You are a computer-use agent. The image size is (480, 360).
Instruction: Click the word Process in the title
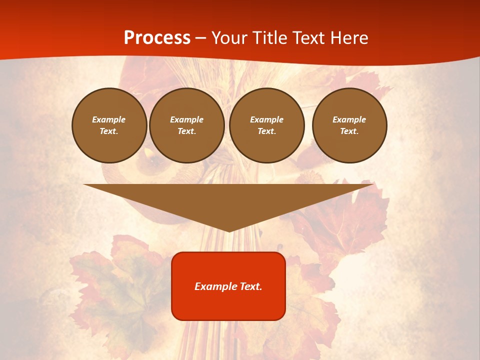pyautogui.click(x=157, y=38)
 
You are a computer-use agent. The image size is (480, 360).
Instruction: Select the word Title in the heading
pyautogui.click(x=271, y=38)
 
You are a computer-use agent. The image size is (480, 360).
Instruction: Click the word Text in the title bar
pyautogui.click(x=310, y=38)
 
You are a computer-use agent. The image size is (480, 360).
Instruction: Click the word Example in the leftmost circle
pyautogui.click(x=109, y=119)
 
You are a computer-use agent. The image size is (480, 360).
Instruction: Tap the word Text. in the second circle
pyautogui.click(x=186, y=131)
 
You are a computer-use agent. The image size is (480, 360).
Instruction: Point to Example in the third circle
pyautogui.click(x=266, y=119)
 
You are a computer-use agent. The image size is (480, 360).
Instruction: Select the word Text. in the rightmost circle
pyautogui.click(x=349, y=131)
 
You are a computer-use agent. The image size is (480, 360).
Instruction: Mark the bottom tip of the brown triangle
pyautogui.click(x=229, y=231)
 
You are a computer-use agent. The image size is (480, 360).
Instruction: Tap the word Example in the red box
pyautogui.click(x=214, y=286)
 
